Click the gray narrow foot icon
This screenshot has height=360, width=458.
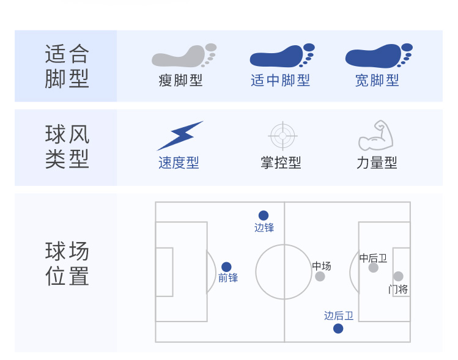pos(183,56)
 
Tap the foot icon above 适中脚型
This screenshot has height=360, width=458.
pos(281,56)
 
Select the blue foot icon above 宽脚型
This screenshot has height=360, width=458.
pos(379,56)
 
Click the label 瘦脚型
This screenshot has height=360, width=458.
pos(180,81)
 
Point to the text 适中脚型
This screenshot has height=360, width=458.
pos(280,81)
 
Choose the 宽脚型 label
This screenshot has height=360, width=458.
pos(377,81)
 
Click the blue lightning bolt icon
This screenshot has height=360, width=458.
pos(180,136)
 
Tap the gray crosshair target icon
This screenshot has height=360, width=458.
pos(283,136)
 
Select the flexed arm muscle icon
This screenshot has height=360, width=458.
pos(376,135)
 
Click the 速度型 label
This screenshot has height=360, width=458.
pos(179,163)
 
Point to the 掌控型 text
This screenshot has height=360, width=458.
pos(281,163)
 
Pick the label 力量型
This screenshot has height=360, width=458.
pos(377,163)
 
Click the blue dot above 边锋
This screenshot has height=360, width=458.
pos(264,216)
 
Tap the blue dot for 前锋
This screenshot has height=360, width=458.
pos(226,267)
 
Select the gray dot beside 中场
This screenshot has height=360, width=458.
pos(320,276)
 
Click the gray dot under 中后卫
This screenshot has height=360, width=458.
pos(373,268)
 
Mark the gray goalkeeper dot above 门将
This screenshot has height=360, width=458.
pos(398,276)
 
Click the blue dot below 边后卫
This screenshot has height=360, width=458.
pos(338,329)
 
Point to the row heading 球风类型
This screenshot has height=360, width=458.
pos(67,147)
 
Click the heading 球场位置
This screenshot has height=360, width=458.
pos(67,263)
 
